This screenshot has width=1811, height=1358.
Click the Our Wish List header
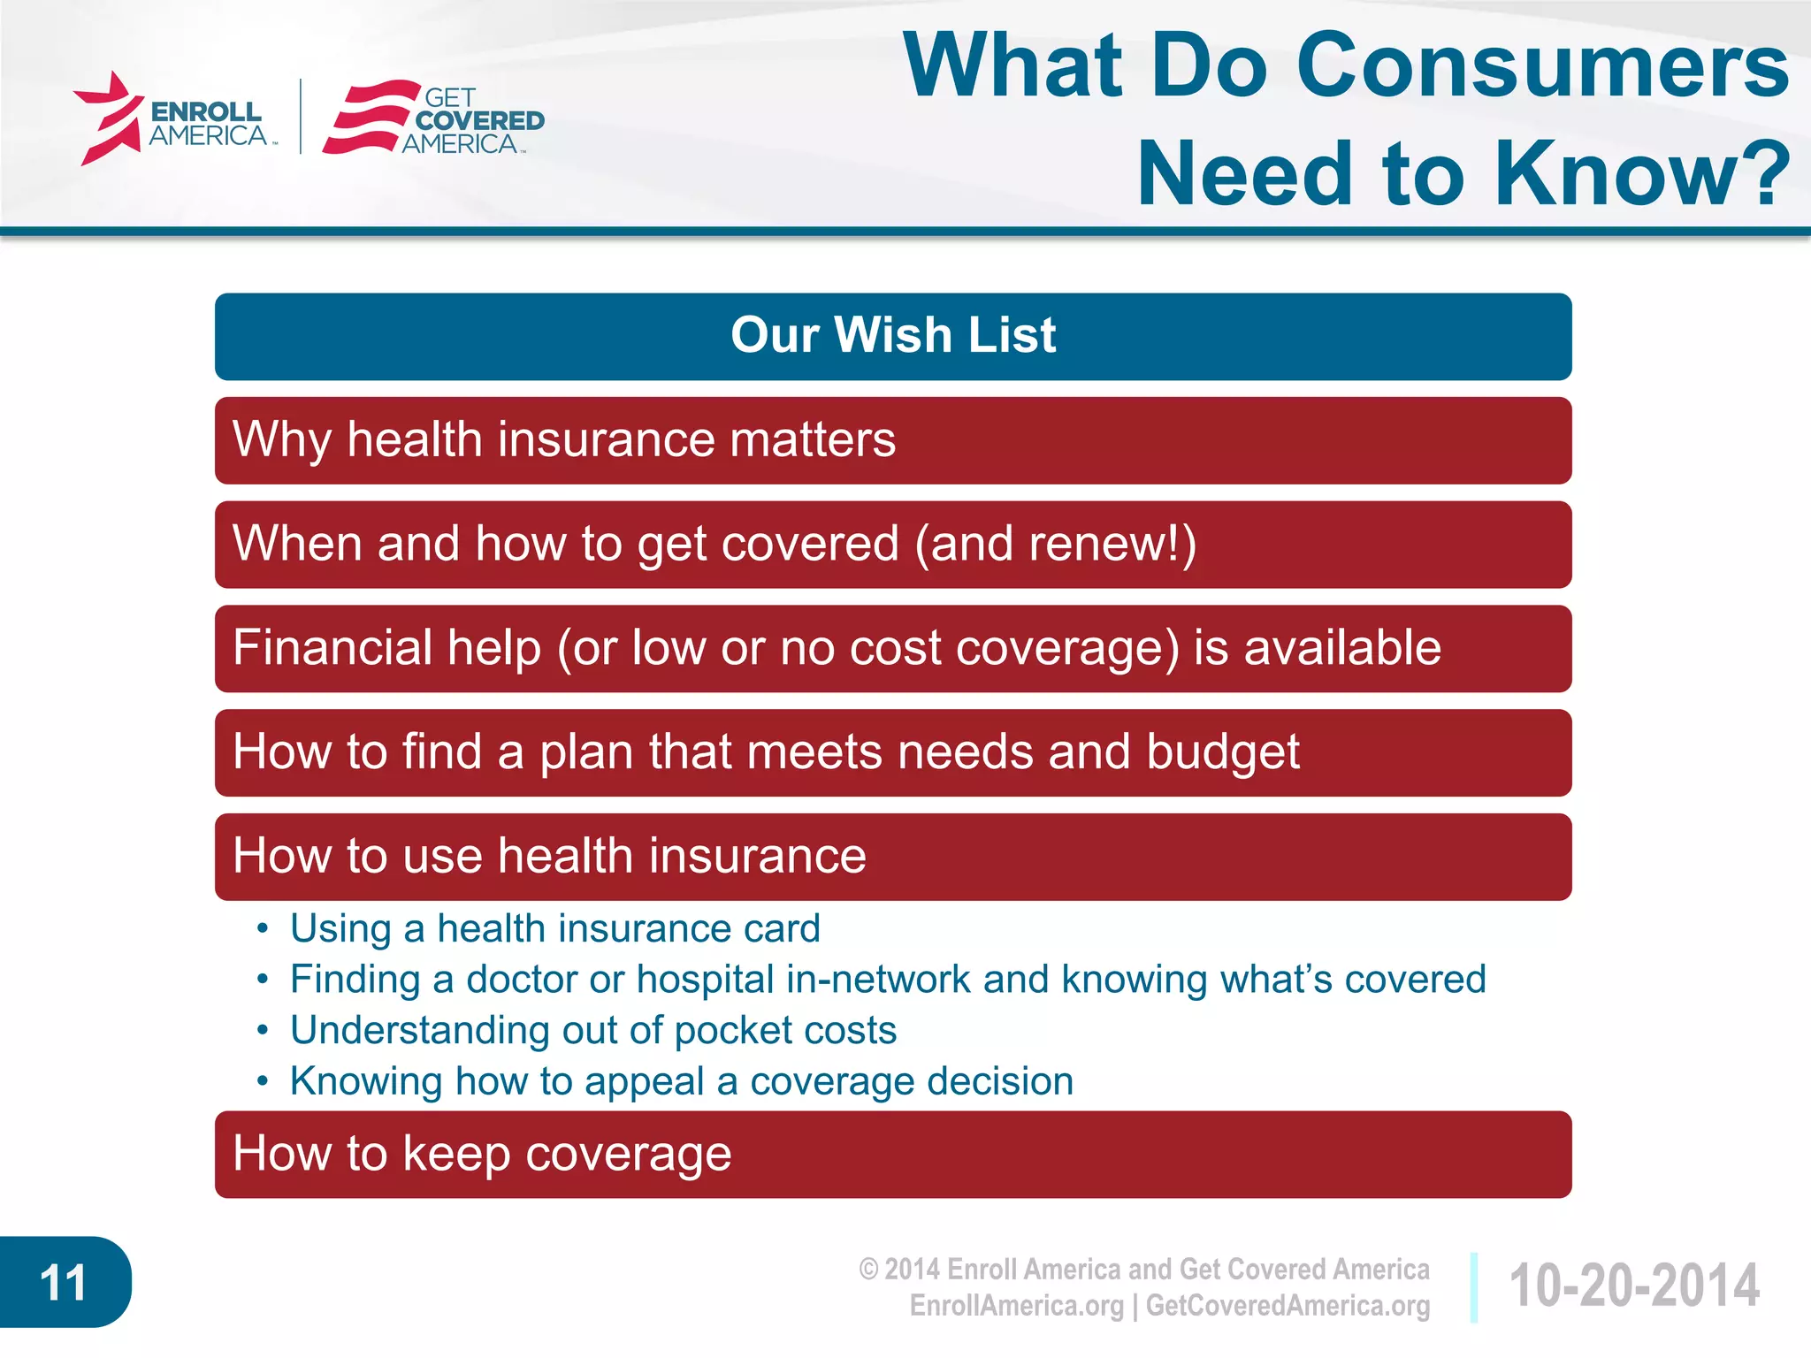pyautogui.click(x=893, y=336)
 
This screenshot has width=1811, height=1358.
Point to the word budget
pyautogui.click(x=1222, y=752)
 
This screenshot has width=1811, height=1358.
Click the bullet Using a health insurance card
pyautogui.click(x=554, y=929)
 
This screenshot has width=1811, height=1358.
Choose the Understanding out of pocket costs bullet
pyautogui.click(x=592, y=1031)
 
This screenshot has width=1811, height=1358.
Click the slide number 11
pyautogui.click(x=63, y=1282)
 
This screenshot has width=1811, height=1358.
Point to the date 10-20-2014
pyautogui.click(x=1633, y=1286)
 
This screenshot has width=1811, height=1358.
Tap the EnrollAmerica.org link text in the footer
pyautogui.click(x=1016, y=1306)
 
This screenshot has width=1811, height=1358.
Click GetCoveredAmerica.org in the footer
pyautogui.click(x=1288, y=1306)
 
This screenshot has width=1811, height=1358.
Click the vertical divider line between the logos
pyautogui.click(x=302, y=117)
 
